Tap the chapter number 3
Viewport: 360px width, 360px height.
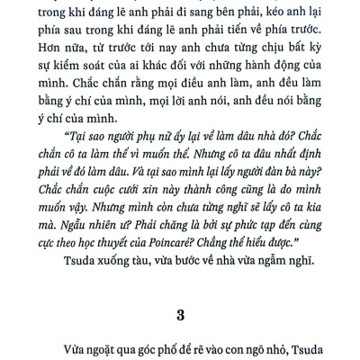(179, 314)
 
